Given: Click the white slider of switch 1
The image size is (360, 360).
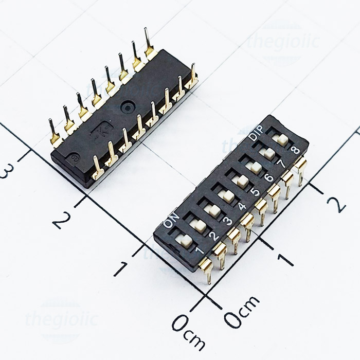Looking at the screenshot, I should (x=184, y=240).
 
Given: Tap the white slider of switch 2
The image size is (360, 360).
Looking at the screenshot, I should (x=197, y=225).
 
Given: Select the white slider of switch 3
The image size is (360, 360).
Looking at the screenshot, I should (x=211, y=210).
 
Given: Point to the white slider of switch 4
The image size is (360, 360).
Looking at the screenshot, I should (x=225, y=195).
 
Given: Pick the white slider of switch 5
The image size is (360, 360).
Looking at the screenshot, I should (x=239, y=181).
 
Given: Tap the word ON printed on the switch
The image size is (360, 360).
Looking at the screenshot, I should (x=170, y=220).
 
